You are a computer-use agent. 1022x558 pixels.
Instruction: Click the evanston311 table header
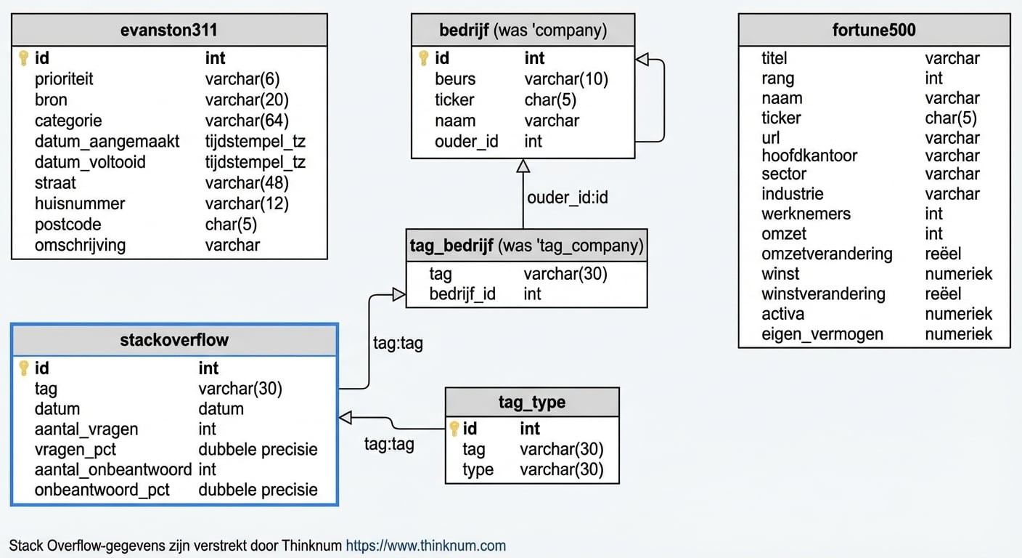click(x=169, y=31)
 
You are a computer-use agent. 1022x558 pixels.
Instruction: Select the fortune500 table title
click(x=874, y=31)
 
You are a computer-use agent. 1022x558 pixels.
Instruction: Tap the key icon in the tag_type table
click(x=454, y=429)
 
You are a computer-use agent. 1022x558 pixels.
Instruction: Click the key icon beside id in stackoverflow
click(x=23, y=368)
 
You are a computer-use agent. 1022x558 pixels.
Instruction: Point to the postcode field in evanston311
click(x=68, y=225)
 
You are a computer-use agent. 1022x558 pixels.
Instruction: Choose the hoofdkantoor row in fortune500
click(x=809, y=155)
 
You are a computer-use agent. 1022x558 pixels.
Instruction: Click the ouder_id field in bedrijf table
click(x=466, y=141)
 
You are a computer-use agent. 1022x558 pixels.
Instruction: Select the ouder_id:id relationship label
click(x=567, y=198)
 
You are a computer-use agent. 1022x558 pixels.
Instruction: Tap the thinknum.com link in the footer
click(x=425, y=546)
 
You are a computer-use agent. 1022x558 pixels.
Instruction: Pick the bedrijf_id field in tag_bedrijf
click(x=462, y=294)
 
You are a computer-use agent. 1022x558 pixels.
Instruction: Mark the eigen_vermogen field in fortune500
click(x=822, y=334)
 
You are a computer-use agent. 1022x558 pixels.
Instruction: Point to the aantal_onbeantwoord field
click(x=113, y=469)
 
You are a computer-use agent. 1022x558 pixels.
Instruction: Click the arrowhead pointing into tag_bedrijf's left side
click(x=398, y=294)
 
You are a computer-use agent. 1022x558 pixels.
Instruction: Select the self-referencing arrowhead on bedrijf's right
click(x=642, y=60)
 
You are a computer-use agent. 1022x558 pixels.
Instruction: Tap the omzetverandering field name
click(x=827, y=254)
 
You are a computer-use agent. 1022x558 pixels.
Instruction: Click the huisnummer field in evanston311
click(x=80, y=204)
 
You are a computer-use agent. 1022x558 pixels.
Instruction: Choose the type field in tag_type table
click(x=478, y=469)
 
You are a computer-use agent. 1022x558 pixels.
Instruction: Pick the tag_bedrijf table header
click(x=526, y=246)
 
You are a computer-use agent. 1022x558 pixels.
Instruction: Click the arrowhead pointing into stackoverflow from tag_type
click(x=346, y=417)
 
